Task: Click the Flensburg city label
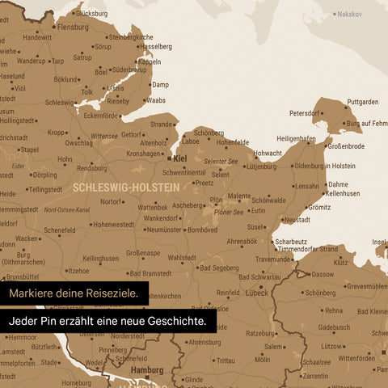tap(73, 27)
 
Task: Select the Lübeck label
tap(257, 293)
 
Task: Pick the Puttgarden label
tap(362, 102)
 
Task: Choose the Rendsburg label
tap(92, 168)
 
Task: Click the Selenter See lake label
tap(221, 162)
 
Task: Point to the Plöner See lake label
tap(228, 213)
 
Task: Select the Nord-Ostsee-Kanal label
tap(66, 209)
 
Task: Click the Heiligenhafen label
tap(296, 138)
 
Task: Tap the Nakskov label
tap(349, 14)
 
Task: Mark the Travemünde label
tap(274, 259)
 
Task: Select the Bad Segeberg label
tap(218, 268)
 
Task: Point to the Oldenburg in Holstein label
tap(324, 166)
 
